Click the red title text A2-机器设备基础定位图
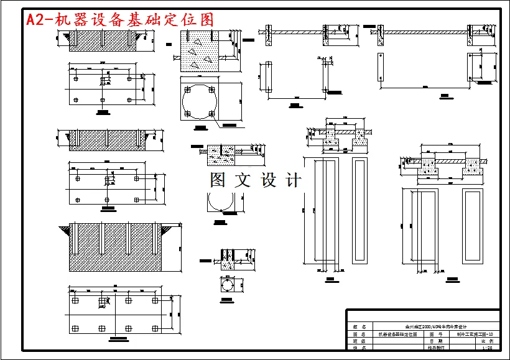pyautogui.click(x=119, y=20)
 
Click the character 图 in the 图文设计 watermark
pyautogui.click(x=218, y=180)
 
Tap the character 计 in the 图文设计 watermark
pyautogui.click(x=293, y=180)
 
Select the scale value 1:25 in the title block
pyautogui.click(x=487, y=349)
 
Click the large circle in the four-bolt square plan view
pyautogui.click(x=200, y=101)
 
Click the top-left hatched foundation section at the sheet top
pyautogui.click(x=100, y=38)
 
